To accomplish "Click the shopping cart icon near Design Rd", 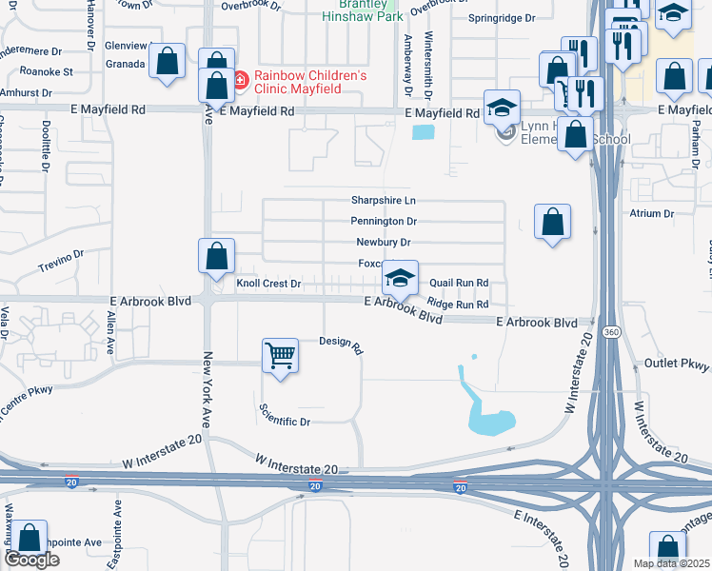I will tap(281, 357).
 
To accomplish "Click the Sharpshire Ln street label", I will tap(384, 201).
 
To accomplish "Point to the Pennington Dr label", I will tap(384, 222).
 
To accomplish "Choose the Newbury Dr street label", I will tap(383, 243).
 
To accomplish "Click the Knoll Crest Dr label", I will tap(268, 284).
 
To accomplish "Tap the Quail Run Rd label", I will tap(459, 283).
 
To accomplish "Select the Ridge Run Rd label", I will tap(458, 304).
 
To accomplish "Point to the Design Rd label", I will tap(342, 344).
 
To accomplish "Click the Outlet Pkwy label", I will tap(678, 364).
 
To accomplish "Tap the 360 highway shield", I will tap(611, 331).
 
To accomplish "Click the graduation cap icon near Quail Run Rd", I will tap(401, 278).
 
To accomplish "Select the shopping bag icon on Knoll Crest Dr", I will tap(216, 256).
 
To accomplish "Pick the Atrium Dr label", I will tap(651, 214).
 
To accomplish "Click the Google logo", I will tap(31, 560).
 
